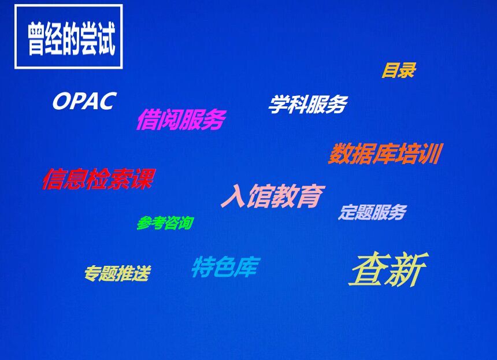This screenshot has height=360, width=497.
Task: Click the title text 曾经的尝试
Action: coord(71,39)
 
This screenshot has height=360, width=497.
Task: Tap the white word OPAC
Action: coord(84,101)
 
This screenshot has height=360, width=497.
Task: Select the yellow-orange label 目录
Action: coord(399,70)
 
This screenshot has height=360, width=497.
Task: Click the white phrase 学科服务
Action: coord(308,104)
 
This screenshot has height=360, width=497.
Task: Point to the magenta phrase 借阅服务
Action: coord(181,119)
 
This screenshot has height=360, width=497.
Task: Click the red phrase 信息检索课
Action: coord(99,179)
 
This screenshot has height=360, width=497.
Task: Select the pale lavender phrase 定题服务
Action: coord(372,212)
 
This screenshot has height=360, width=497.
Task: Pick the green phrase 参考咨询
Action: coord(165,223)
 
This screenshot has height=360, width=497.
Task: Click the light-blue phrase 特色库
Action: coord(226,266)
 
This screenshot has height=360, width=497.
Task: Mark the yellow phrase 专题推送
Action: coord(117,273)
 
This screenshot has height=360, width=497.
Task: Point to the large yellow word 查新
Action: coord(388,269)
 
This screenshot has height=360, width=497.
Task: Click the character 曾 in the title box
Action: coord(36,39)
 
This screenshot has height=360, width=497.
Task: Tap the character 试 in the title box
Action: coord(106,39)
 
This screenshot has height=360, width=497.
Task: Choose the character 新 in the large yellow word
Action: coord(407,269)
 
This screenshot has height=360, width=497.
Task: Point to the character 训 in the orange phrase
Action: coord(431,154)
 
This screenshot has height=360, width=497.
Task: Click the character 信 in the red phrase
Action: coord(53,179)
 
